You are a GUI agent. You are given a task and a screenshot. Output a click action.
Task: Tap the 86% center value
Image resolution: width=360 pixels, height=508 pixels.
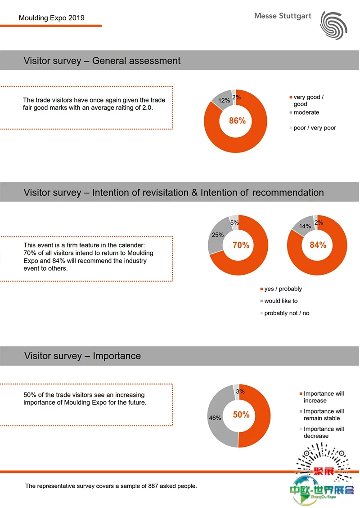[237, 121]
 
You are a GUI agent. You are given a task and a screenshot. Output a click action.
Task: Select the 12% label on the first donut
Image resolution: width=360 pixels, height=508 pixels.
[224, 101]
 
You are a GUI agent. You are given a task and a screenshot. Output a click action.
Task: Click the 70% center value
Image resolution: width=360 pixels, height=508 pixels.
[241, 245]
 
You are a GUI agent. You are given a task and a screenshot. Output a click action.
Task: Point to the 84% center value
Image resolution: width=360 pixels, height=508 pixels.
[318, 245]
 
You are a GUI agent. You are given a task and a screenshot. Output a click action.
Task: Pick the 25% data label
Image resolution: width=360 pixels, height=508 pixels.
[218, 235]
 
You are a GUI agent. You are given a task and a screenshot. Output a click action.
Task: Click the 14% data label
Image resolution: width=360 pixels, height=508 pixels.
[305, 226]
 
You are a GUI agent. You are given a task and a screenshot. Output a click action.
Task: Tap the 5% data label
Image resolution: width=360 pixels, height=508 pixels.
[234, 222]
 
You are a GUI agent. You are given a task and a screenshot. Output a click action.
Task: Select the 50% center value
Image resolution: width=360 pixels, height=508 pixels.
[241, 414]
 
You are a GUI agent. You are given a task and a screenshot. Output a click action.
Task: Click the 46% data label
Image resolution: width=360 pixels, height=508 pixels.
[215, 418]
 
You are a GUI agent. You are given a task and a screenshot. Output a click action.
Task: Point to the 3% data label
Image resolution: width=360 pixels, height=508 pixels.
[241, 392]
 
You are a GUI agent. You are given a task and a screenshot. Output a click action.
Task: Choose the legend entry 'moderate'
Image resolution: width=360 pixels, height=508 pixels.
[306, 112]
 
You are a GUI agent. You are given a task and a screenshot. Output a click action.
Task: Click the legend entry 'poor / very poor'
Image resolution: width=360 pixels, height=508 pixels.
[315, 128]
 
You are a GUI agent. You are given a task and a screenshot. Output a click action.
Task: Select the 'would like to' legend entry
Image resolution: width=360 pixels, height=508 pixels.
[281, 301]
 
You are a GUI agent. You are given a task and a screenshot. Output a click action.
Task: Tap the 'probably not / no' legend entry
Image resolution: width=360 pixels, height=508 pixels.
[287, 313]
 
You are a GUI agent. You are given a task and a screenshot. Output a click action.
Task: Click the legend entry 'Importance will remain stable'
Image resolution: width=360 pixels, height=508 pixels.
[324, 414]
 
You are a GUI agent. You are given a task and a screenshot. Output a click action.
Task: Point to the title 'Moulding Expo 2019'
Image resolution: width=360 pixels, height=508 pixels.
[52, 18]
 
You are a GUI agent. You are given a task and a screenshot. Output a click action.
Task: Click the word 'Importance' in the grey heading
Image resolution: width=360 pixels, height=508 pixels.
[117, 356]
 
